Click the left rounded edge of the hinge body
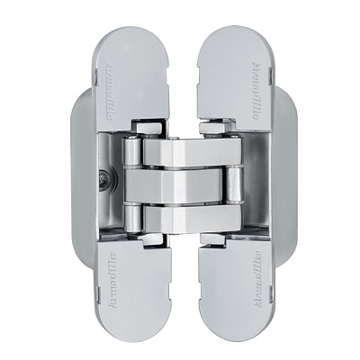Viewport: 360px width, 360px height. tap(76, 180)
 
